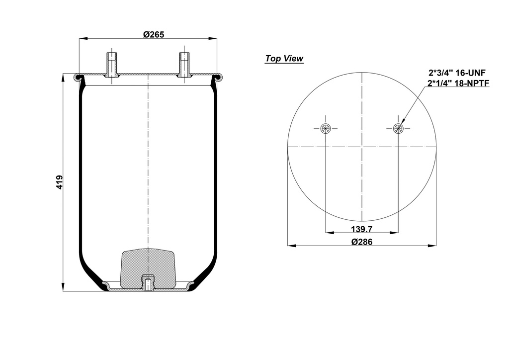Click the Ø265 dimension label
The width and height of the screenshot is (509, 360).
[154, 34]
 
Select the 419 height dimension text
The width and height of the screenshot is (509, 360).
[60, 182]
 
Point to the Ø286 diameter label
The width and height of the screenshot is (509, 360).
[362, 242]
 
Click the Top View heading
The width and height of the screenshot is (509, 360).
[284, 59]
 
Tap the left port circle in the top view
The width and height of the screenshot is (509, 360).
[325, 129]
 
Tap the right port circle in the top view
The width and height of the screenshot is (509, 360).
[398, 129]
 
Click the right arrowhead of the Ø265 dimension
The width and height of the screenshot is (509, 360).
[214, 38]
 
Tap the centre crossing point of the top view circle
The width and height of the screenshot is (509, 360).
[362, 147]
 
